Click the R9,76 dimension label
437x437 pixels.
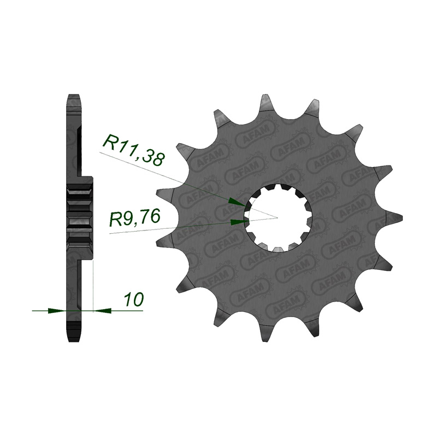[x=134, y=217]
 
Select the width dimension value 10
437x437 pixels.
[x=134, y=299]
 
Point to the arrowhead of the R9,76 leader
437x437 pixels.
[x=240, y=222]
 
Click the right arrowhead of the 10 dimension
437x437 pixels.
[x=102, y=310]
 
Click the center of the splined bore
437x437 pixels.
[x=277, y=217]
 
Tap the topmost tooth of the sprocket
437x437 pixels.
[x=266, y=104]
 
